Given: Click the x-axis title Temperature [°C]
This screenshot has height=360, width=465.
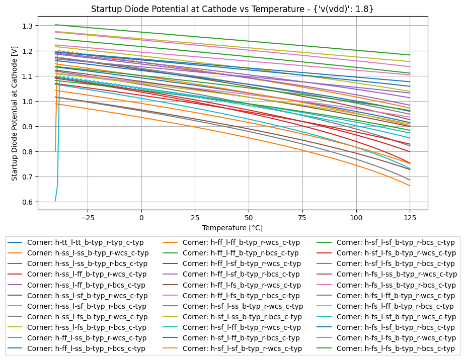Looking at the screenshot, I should point(232,228).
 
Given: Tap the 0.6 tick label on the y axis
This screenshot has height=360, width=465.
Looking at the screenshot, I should point(26,202).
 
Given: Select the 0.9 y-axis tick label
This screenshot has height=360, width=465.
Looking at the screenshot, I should point(26,127).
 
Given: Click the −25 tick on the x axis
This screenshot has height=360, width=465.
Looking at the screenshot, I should point(88,218).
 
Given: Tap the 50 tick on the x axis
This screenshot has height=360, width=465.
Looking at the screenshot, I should point(249,218).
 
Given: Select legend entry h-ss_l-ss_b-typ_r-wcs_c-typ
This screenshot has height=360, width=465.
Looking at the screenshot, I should point(88,253).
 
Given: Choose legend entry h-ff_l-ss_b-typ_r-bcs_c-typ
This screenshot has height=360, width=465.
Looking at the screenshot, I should point(86,348).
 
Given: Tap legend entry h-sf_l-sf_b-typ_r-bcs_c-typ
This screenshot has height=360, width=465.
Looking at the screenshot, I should point(395,242).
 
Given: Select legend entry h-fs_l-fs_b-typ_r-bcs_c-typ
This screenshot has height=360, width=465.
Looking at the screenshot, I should point(395,348).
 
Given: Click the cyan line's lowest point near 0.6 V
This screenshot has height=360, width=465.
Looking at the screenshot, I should point(55,201).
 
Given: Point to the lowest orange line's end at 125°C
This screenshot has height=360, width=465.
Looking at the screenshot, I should point(410,186).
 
